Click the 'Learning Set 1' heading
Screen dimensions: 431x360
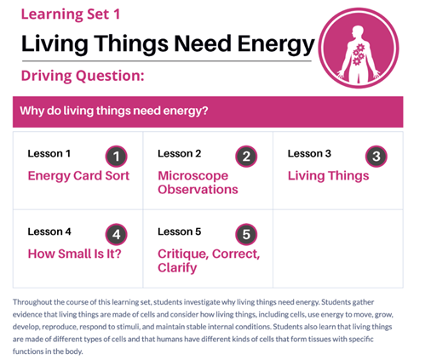click(x=71, y=14)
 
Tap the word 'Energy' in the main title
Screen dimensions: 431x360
click(x=276, y=45)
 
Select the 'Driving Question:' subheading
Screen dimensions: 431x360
click(x=83, y=76)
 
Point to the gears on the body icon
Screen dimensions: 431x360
click(x=359, y=54)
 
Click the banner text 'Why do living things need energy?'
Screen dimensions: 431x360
click(x=114, y=111)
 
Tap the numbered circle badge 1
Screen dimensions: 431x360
click(x=116, y=157)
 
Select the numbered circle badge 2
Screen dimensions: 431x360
click(x=246, y=157)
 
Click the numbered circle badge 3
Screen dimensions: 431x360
click(x=376, y=157)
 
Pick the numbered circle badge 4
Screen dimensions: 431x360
click(x=116, y=234)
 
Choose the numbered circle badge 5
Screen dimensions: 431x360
click(x=246, y=234)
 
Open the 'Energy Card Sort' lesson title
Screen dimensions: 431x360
click(x=78, y=176)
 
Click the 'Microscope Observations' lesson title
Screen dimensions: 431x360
click(x=198, y=182)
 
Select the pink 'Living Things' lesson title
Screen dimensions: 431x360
click(x=329, y=176)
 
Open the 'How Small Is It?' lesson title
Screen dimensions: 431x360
click(x=74, y=254)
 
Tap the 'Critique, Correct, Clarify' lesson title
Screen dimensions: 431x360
click(x=209, y=260)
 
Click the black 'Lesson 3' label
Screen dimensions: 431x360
click(x=309, y=153)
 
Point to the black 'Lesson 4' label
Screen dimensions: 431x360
click(x=49, y=231)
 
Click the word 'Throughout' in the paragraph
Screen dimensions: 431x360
click(x=32, y=302)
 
